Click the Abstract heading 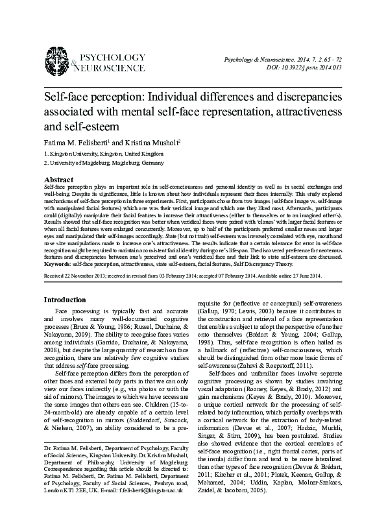coord(58,178)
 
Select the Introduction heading coord(66,300)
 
